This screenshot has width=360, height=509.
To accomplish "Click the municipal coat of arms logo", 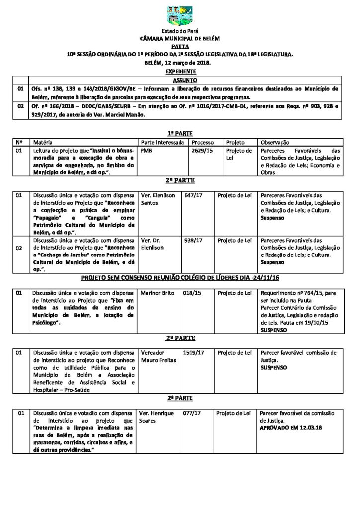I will [180, 16].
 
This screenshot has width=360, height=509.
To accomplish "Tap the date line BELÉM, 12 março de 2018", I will [180, 63].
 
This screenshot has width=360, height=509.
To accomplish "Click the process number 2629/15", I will [201, 150].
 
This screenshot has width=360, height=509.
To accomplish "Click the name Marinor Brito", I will [158, 293].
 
